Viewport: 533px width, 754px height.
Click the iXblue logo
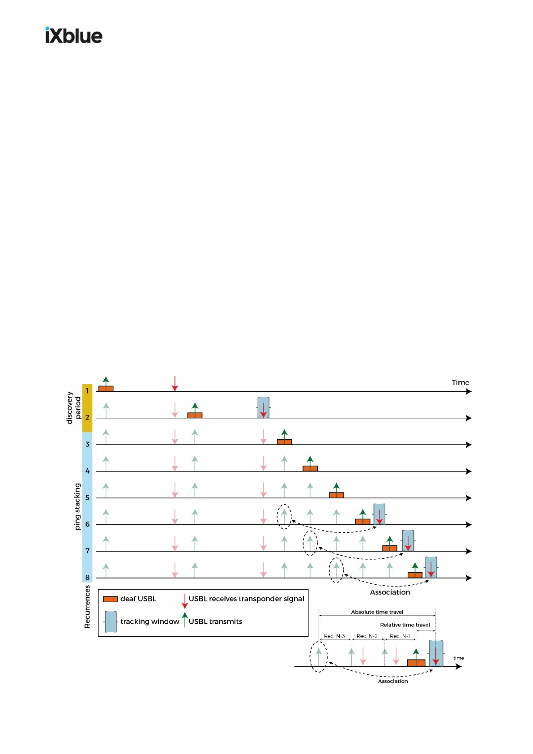(74, 35)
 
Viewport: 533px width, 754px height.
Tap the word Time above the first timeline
(460, 382)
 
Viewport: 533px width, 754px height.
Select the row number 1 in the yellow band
(87, 391)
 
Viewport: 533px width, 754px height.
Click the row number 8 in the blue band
(87, 578)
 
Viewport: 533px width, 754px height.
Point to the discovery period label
(74, 407)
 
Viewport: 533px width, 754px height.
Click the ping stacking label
(77, 506)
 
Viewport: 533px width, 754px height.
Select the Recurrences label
(87, 607)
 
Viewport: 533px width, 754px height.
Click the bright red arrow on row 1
(175, 384)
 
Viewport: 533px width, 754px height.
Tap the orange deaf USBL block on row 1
(106, 389)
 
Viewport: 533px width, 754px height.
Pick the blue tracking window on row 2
(264, 407)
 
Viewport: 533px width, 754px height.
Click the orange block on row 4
(310, 468)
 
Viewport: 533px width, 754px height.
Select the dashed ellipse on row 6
(284, 516)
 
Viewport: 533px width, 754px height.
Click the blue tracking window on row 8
(431, 567)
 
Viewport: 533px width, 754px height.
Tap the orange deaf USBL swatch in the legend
(111, 599)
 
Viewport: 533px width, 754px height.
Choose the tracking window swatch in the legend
(111, 622)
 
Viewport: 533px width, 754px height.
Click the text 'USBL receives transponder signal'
(246, 599)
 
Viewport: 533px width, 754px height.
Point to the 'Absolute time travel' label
(377, 612)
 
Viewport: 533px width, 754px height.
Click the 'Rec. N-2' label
(367, 636)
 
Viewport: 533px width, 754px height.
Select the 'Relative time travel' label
(405, 625)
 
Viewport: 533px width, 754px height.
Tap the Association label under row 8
(390, 592)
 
